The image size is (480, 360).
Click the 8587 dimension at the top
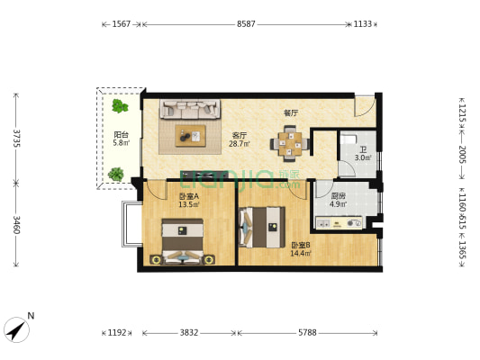(246, 24)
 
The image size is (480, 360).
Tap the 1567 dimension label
(122, 24)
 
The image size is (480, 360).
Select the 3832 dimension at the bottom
(189, 332)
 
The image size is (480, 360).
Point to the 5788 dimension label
(307, 332)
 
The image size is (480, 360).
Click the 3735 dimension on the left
(16, 139)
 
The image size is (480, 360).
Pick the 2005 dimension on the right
(462, 155)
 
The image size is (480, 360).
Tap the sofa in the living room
(190, 109)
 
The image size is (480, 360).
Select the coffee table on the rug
(190, 136)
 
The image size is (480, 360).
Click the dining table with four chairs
(290, 143)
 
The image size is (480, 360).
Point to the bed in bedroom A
(183, 241)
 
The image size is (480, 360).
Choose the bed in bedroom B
(262, 228)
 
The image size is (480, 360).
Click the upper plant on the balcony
(120, 106)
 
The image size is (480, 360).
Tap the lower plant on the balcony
(115, 175)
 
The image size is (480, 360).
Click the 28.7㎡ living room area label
(240, 143)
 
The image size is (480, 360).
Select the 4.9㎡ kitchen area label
(339, 204)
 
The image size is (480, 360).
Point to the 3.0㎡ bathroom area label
(363, 157)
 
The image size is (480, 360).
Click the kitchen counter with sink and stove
(340, 223)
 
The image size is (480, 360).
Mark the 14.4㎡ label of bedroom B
(301, 253)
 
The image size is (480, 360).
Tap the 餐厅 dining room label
(291, 113)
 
